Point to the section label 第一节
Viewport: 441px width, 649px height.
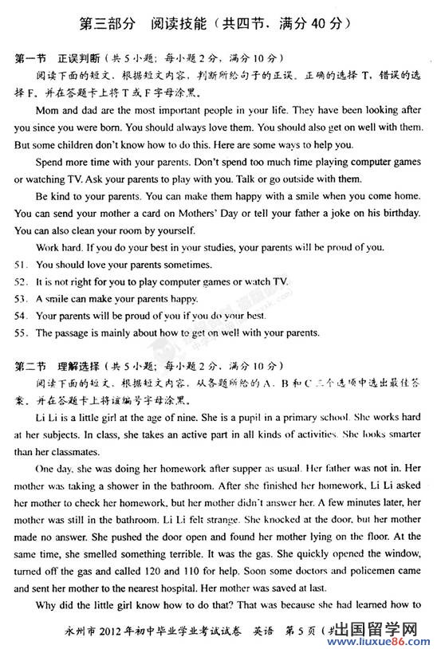pyautogui.click(x=31, y=59)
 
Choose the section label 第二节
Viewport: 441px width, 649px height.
pyautogui.click(x=31, y=366)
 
